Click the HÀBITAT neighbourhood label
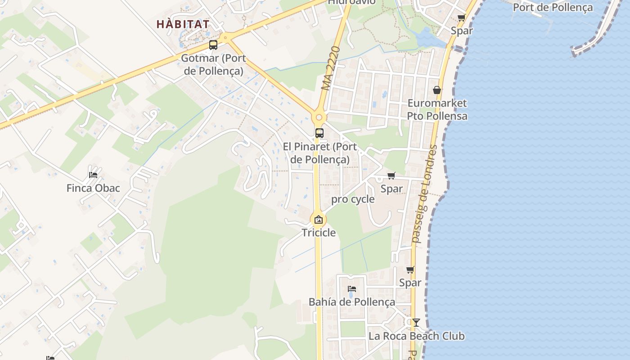[183, 24]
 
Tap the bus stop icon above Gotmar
[213, 45]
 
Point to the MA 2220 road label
[333, 67]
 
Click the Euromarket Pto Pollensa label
[437, 109]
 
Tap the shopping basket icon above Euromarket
[436, 90]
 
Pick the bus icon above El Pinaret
[319, 133]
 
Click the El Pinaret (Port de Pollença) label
[320, 153]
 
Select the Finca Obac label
[93, 188]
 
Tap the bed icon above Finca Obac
[93, 175]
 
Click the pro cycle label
[353, 199]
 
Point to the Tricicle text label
[319, 233]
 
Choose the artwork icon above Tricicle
[319, 220]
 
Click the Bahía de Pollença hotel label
[352, 302]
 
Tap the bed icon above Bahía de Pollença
[352, 288]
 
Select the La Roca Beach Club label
[416, 336]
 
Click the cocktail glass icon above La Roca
[416, 322]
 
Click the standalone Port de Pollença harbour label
[553, 7]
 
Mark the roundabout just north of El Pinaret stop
[319, 117]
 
